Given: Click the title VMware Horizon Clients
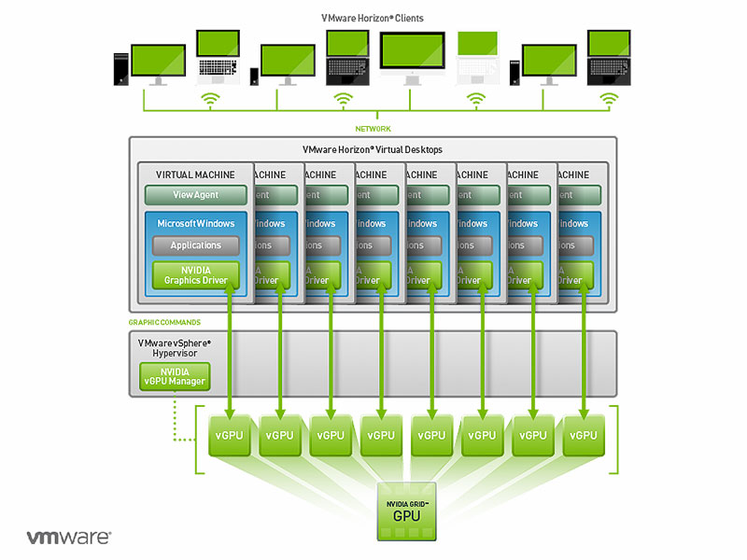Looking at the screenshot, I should click(x=373, y=19).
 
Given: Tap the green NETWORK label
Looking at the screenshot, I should click(x=373, y=128).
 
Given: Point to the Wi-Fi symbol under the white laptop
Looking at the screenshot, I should click(x=477, y=98).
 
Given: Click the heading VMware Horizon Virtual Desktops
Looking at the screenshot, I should click(x=373, y=149).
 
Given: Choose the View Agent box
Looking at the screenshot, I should click(x=196, y=195).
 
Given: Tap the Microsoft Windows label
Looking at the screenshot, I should click(x=196, y=224).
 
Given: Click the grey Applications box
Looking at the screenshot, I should click(x=196, y=245).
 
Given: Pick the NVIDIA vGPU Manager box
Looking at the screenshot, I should click(x=174, y=376).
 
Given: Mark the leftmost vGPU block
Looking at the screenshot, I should click(x=230, y=435).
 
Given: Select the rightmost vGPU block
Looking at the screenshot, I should click(x=584, y=435).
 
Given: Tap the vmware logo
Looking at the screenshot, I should click(x=68, y=538).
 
